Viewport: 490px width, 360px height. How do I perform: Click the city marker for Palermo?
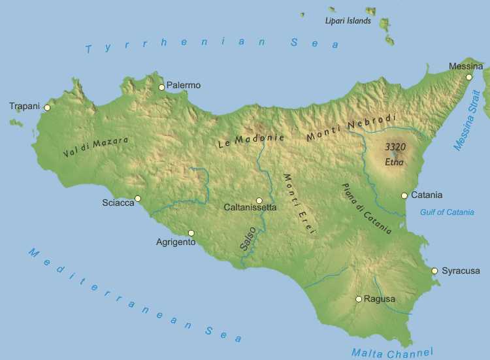tap(161, 87)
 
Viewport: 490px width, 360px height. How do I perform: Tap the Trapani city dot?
tap(47, 108)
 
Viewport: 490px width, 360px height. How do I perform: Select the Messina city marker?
tap(469, 77)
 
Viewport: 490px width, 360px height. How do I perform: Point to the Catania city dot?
tap(404, 195)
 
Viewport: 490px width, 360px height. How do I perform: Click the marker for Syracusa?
tap(434, 270)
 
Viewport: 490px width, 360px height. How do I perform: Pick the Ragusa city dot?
tap(359, 299)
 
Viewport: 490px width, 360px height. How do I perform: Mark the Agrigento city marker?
tap(191, 233)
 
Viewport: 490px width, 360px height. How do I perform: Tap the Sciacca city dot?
tap(137, 199)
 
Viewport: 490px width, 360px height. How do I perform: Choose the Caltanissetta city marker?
tap(259, 201)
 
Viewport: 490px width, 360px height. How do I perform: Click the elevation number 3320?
tap(395, 147)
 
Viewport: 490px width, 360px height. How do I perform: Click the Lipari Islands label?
tap(348, 21)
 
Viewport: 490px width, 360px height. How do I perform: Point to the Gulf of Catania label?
tap(447, 212)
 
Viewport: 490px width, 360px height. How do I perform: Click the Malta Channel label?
tap(391, 352)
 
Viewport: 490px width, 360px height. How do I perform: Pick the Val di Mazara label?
tap(96, 147)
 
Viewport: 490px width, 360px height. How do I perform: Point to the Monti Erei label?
tap(299, 204)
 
